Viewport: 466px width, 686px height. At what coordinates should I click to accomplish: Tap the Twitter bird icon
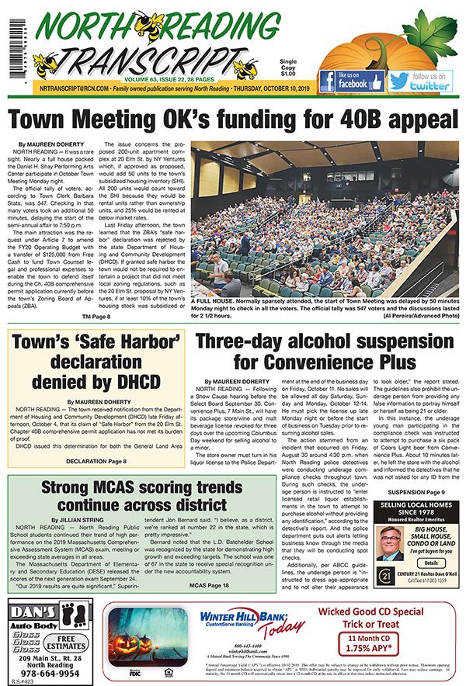pyautogui.click(x=399, y=80)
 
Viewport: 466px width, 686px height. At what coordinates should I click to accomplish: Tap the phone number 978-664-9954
pyautogui.click(x=48, y=673)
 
